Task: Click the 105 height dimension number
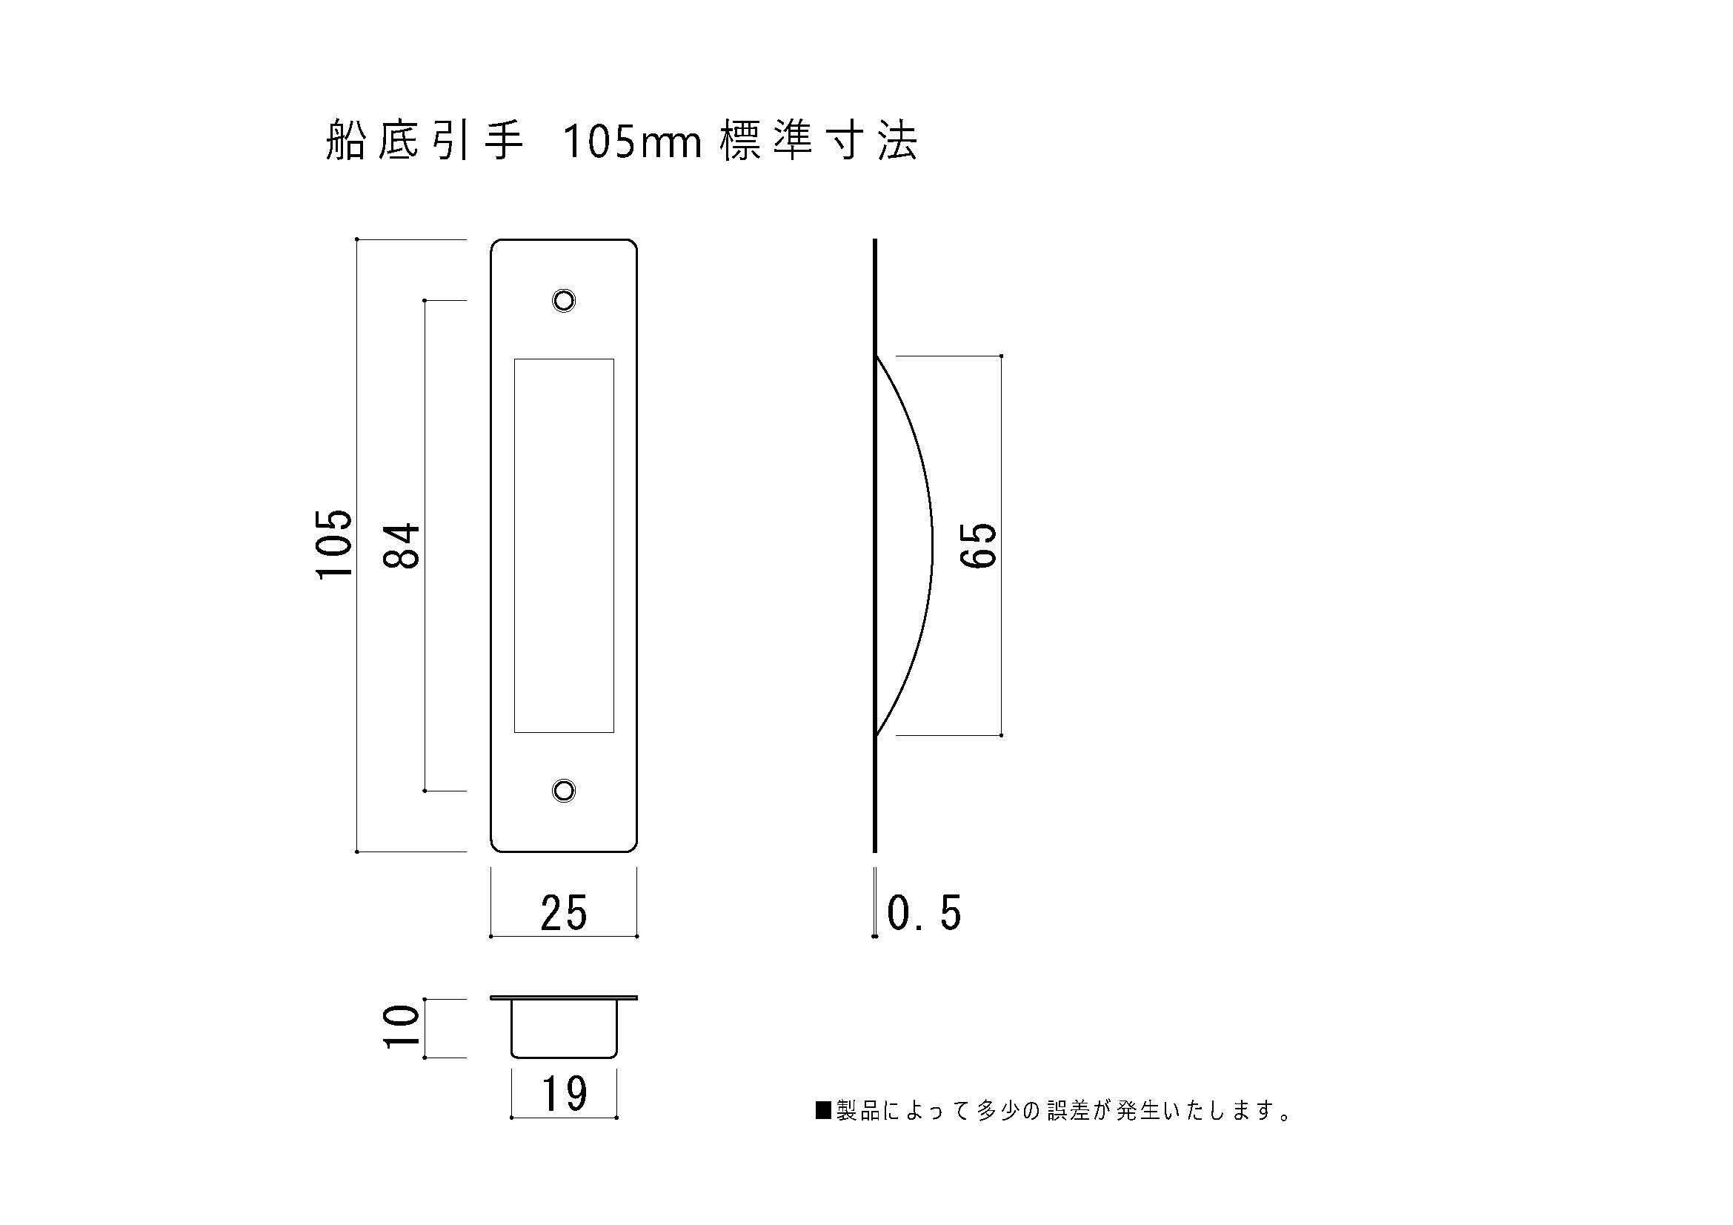(333, 544)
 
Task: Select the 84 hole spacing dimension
(401, 545)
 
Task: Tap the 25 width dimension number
(563, 913)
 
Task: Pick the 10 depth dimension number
(401, 1026)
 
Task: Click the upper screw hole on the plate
(564, 300)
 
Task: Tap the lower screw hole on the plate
(564, 791)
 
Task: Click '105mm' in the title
(633, 142)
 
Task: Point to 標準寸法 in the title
(818, 142)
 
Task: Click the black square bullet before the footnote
(822, 1110)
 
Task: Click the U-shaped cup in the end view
(564, 1030)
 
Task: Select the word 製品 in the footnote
(858, 1110)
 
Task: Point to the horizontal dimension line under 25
(564, 937)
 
